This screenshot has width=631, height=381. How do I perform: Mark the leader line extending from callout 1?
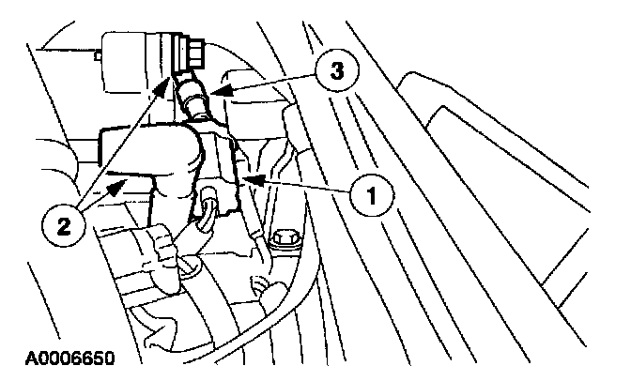[300, 187]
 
